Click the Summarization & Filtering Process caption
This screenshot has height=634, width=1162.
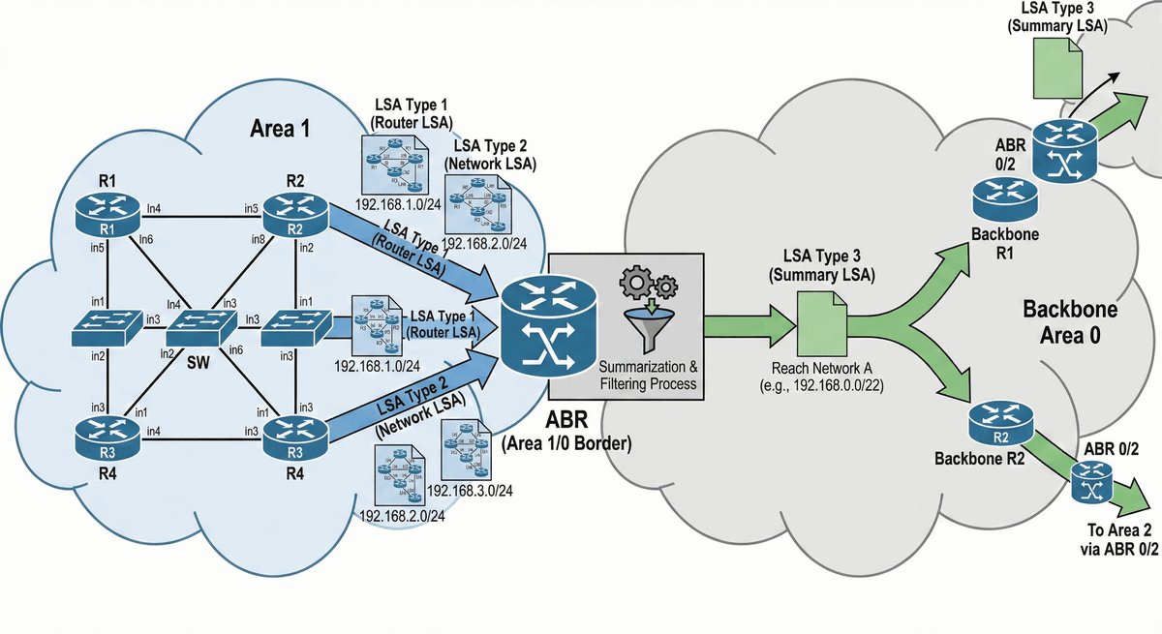pos(648,376)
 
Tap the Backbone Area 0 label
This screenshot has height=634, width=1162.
pos(1070,324)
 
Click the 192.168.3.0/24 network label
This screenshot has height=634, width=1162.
pos(470,489)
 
